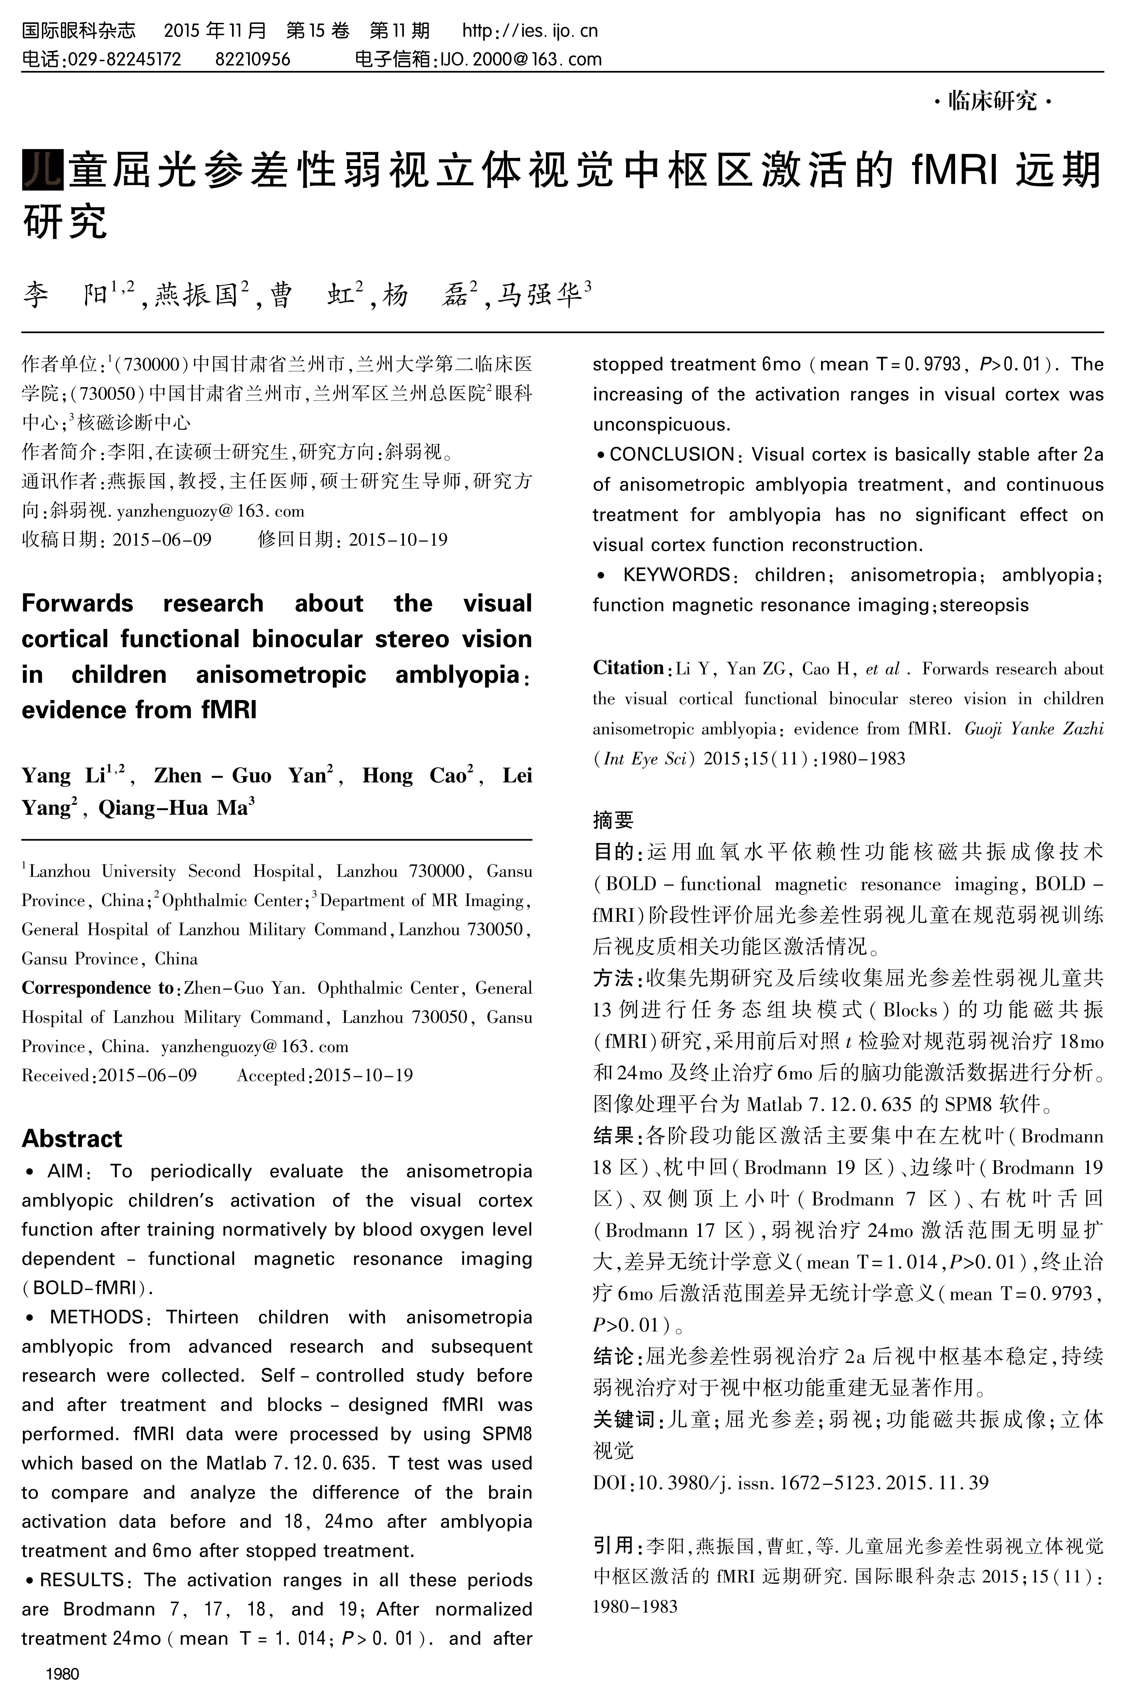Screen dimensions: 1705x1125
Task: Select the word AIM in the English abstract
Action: tap(64, 1171)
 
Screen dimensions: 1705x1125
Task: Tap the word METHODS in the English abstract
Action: tap(96, 1317)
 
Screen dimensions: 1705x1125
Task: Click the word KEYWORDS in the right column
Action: tap(676, 575)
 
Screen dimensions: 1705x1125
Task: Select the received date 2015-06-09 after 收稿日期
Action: tap(162, 539)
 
